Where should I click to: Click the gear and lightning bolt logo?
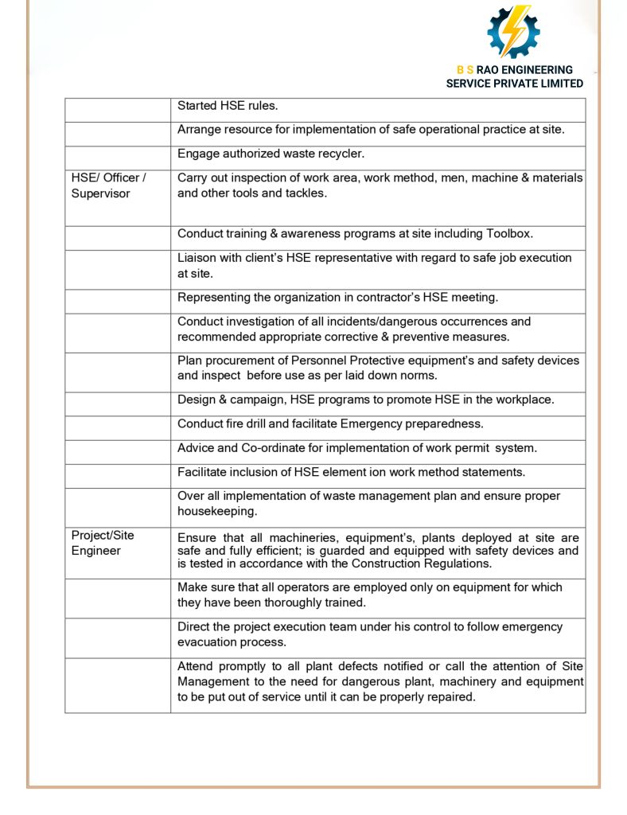(x=513, y=32)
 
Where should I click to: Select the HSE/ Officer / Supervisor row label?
(x=108, y=185)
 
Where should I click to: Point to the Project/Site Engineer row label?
(x=103, y=543)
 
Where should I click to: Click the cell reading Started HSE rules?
(x=228, y=106)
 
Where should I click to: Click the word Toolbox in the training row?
(x=507, y=234)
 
